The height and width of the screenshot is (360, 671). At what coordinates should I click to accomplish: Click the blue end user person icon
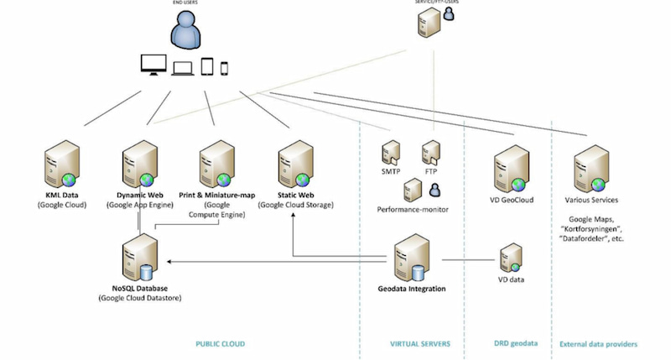[x=187, y=30]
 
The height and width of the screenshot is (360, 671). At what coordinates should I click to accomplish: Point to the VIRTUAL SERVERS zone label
[x=421, y=344]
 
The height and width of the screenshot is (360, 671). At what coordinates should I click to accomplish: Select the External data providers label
[x=598, y=344]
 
